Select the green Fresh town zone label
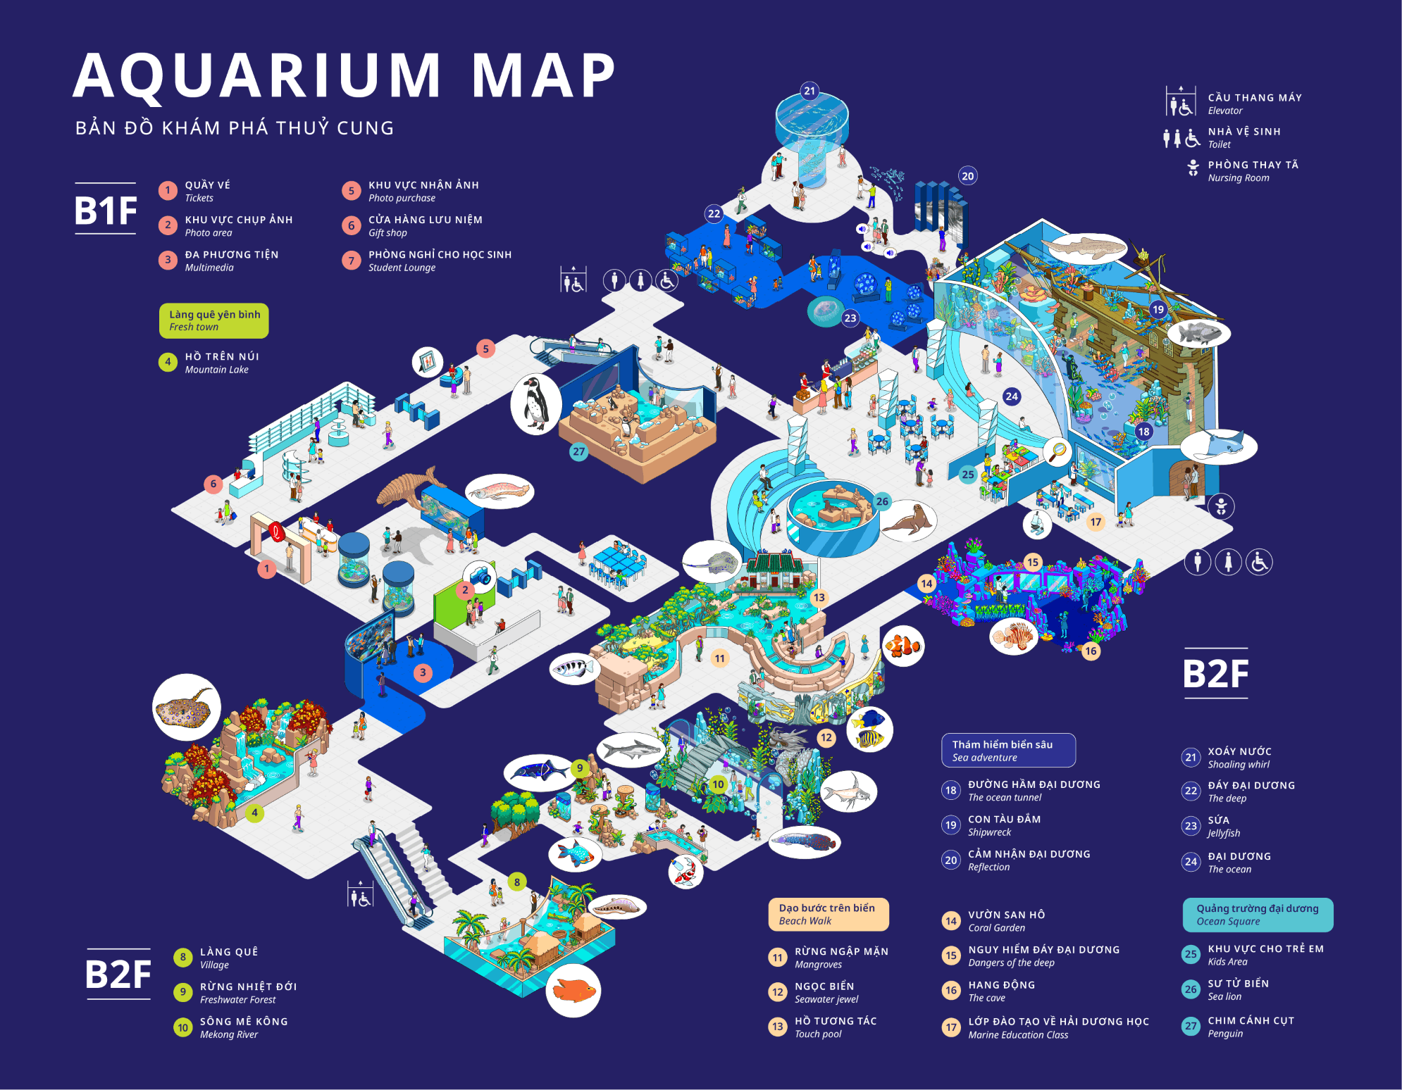[214, 320]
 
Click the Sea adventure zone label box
[1008, 751]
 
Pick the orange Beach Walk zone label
[828, 914]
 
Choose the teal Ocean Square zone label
[1258, 915]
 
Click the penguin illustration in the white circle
[535, 404]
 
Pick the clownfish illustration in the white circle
[902, 646]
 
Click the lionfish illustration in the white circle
[1013, 637]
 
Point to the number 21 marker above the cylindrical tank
[809, 91]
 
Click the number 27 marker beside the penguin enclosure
[578, 452]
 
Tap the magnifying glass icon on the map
[1057, 451]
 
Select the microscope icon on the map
[1037, 523]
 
